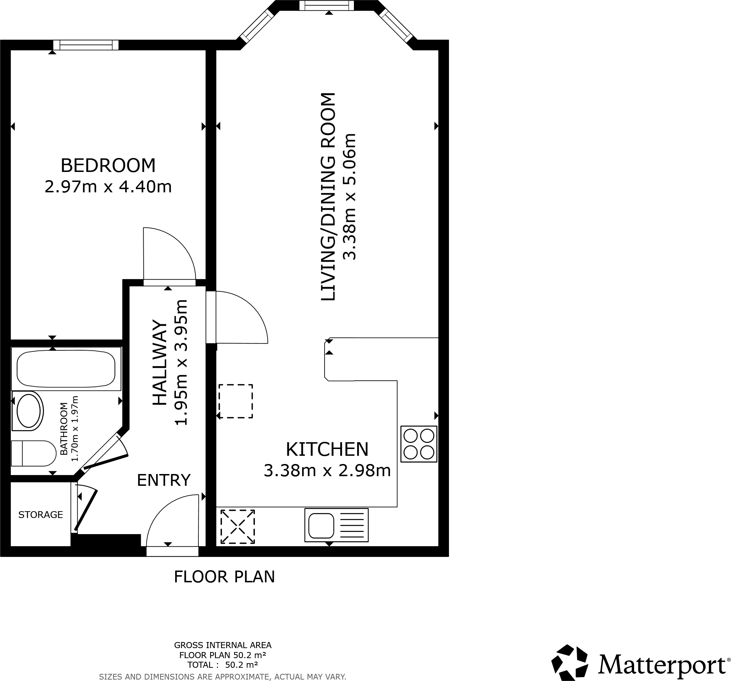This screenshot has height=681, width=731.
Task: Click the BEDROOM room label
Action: [x=108, y=166]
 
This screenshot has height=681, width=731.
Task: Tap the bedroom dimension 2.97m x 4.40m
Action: [x=108, y=187]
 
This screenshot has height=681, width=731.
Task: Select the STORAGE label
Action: [x=40, y=515]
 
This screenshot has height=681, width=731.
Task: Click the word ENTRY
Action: [x=164, y=480]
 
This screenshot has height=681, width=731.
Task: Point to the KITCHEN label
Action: [x=327, y=449]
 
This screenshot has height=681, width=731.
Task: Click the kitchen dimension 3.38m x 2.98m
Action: [x=327, y=471]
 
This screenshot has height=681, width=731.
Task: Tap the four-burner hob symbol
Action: [x=419, y=444]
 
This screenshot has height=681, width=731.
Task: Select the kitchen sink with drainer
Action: [x=336, y=525]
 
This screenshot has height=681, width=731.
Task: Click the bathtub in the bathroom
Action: [x=66, y=369]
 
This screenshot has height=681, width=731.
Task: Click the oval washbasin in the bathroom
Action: [x=28, y=411]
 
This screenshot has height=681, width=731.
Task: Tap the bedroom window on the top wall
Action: [x=86, y=45]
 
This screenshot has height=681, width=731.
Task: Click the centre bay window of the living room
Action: [x=326, y=5]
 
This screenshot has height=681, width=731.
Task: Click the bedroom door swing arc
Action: [x=173, y=250]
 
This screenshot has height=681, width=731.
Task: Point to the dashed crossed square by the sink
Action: [x=238, y=526]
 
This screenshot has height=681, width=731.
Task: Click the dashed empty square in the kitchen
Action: [x=235, y=401]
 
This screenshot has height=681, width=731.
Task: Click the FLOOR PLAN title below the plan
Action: [x=224, y=577]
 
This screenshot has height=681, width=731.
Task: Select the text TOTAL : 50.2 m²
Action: [x=222, y=665]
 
